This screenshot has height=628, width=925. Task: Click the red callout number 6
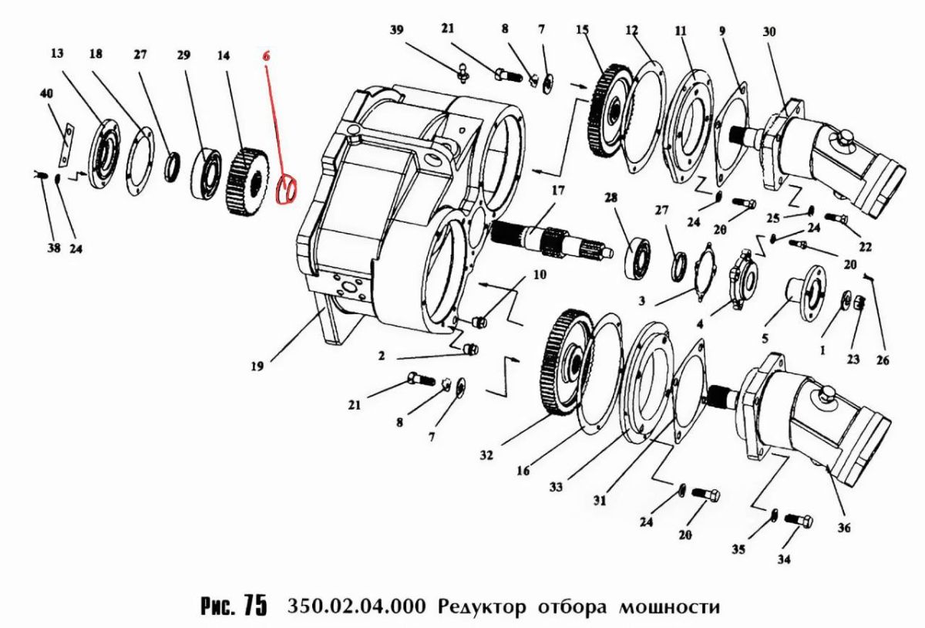coord(266,56)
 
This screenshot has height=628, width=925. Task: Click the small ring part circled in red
coord(286,189)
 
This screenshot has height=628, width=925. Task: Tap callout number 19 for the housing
coord(257,366)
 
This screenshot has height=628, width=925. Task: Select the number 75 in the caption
coord(255,606)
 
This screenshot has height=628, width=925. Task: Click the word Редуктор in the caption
coord(482,607)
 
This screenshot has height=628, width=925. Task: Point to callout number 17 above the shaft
coord(557,191)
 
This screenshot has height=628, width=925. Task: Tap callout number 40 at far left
coord(46,94)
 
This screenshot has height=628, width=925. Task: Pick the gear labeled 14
coord(247,181)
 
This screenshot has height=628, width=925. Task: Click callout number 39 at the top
coord(396,30)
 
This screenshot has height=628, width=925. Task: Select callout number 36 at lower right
coord(844,528)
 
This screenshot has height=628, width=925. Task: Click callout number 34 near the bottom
coord(784,559)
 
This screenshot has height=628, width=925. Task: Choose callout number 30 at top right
coord(769,32)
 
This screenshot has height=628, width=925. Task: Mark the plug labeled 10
coord(479,321)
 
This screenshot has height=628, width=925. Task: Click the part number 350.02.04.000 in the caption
coord(356,606)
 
